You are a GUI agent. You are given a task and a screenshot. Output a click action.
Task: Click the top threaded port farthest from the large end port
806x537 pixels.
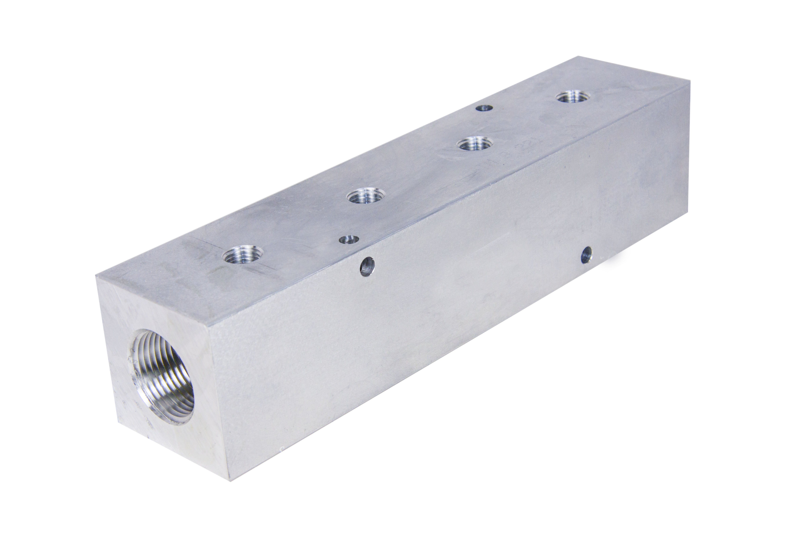(570, 97)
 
